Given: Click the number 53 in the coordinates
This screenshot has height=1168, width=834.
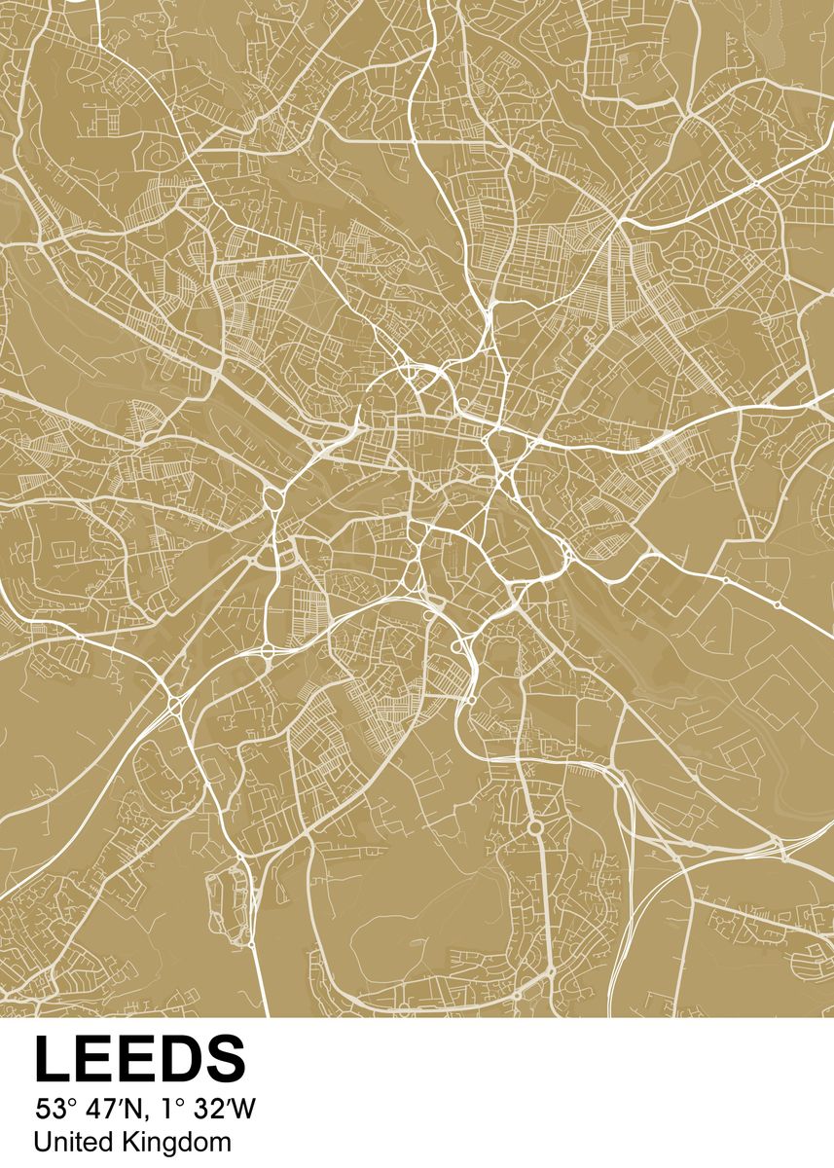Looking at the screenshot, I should (x=48, y=1108).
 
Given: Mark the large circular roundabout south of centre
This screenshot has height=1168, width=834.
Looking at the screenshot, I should (x=534, y=827).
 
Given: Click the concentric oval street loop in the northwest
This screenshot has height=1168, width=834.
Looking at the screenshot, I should (x=157, y=156).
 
